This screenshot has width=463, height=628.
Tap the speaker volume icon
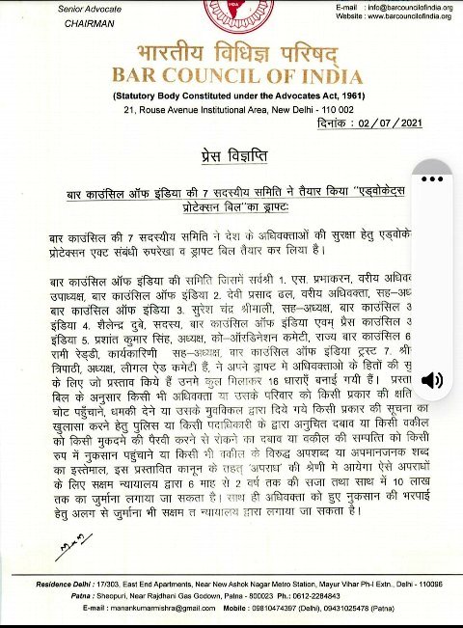click(433, 379)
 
